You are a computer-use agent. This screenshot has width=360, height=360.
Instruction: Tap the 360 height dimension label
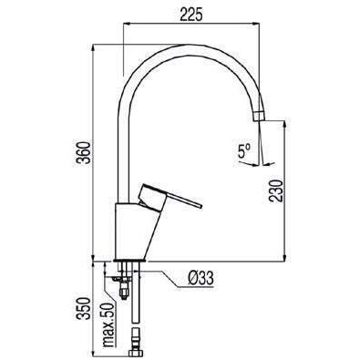click(x=83, y=153)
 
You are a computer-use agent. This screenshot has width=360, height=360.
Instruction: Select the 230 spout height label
click(x=276, y=190)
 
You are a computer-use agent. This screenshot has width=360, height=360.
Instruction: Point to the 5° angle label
click(x=243, y=151)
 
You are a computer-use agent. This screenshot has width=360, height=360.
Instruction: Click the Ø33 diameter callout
click(x=201, y=278)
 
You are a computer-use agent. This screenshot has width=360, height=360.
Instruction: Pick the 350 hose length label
click(x=84, y=308)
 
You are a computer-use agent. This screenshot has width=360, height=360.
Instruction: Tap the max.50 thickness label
click(x=109, y=325)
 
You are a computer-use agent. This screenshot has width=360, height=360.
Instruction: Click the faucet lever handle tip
click(x=201, y=206)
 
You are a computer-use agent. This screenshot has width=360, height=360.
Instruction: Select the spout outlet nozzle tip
click(x=259, y=120)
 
